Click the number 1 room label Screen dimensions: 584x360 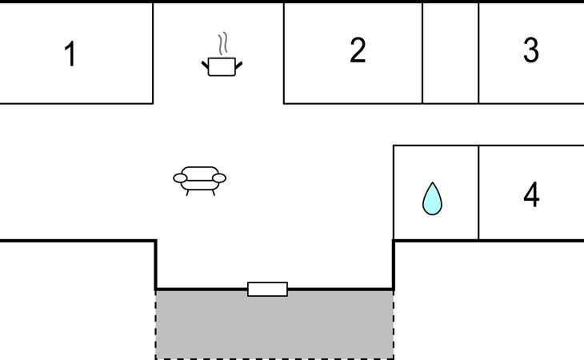[70, 54]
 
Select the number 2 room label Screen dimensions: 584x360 [358, 50]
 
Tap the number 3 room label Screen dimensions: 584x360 [530, 50]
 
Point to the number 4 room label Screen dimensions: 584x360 [531, 194]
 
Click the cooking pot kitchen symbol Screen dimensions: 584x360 [222, 66]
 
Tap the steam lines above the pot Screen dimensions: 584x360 [222, 43]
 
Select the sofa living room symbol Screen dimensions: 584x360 [200, 181]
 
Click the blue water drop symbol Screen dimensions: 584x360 [432, 199]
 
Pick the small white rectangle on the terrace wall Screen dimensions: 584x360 [267, 290]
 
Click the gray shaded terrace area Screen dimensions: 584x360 [274, 325]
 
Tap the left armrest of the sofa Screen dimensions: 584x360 [180, 178]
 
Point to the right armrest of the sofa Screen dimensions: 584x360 [219, 178]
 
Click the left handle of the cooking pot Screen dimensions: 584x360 [206, 65]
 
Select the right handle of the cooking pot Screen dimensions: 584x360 [238, 65]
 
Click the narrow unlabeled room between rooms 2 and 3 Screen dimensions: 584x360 [450, 53]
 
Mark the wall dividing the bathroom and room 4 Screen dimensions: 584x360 [478, 193]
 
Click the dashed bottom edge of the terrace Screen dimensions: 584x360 [274, 358]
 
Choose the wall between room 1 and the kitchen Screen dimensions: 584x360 [153, 53]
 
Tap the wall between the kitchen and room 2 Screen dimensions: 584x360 [284, 53]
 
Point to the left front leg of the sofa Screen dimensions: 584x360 [187, 193]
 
